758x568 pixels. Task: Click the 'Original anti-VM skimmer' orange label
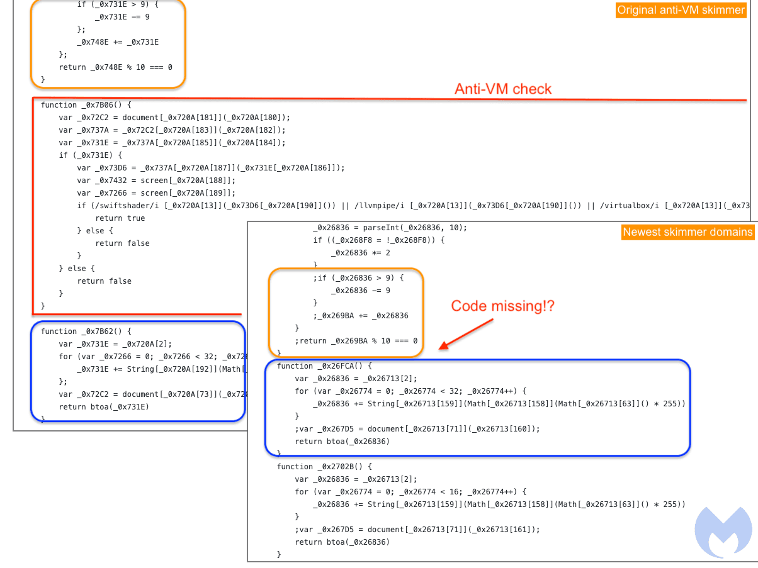tap(681, 10)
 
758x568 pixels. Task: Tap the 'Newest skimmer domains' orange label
tap(687, 232)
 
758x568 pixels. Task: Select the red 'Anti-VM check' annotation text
tap(503, 89)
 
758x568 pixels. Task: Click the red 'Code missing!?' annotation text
tap(502, 306)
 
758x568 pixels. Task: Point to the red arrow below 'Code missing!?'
tap(466, 334)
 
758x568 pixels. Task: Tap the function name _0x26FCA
tap(337, 366)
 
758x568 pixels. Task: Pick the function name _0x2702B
tap(337, 467)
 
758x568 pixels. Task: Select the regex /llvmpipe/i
tap(380, 206)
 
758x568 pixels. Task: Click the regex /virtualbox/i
tap(630, 206)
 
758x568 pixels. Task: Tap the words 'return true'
tap(120, 218)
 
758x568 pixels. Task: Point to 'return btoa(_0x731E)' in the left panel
tap(104, 407)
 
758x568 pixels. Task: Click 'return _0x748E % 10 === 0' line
tap(115, 67)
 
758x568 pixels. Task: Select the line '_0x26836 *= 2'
tap(361, 253)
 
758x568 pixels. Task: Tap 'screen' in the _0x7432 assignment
tap(154, 181)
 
